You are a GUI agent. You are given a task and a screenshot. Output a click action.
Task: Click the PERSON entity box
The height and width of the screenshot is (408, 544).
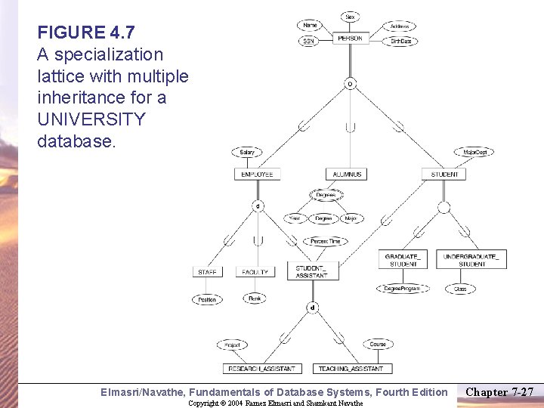[x=350, y=38]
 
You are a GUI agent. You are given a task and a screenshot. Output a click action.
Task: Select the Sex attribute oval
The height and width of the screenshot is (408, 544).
[x=350, y=17]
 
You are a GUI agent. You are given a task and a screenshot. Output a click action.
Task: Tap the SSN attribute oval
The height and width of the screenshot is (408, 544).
[x=308, y=42]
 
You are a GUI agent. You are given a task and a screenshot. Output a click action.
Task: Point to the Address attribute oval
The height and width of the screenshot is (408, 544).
[x=400, y=26]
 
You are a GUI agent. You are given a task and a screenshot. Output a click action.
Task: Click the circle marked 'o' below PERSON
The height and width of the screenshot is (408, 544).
[x=349, y=84]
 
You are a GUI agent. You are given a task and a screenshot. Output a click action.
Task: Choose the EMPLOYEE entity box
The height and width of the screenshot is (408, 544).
[x=257, y=174]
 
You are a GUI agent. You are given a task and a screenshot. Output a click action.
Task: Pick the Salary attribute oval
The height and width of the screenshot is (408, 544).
[x=247, y=153]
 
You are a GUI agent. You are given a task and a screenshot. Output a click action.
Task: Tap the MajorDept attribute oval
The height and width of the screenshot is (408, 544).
[x=475, y=153]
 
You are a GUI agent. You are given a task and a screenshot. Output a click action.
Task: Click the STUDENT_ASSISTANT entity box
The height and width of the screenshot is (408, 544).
[x=311, y=271]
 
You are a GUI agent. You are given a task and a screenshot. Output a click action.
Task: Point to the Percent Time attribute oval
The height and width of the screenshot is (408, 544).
[x=326, y=241]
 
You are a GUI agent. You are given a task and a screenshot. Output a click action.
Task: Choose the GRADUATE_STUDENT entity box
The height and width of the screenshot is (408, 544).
[x=403, y=260]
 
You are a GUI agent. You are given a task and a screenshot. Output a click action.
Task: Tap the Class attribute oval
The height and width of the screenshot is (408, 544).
[x=460, y=289]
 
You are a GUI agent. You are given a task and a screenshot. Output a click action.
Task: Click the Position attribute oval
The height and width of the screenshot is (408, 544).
[x=207, y=299]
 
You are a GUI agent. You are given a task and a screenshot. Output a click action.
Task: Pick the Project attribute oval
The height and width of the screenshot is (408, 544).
[x=232, y=345]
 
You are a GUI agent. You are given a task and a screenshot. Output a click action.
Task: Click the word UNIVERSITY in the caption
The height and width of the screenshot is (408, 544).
[x=91, y=119]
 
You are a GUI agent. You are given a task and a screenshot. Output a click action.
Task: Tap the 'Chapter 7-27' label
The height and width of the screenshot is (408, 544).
[x=499, y=392]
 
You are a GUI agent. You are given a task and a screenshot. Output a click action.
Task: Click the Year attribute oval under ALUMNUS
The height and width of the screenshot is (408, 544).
[x=294, y=219]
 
